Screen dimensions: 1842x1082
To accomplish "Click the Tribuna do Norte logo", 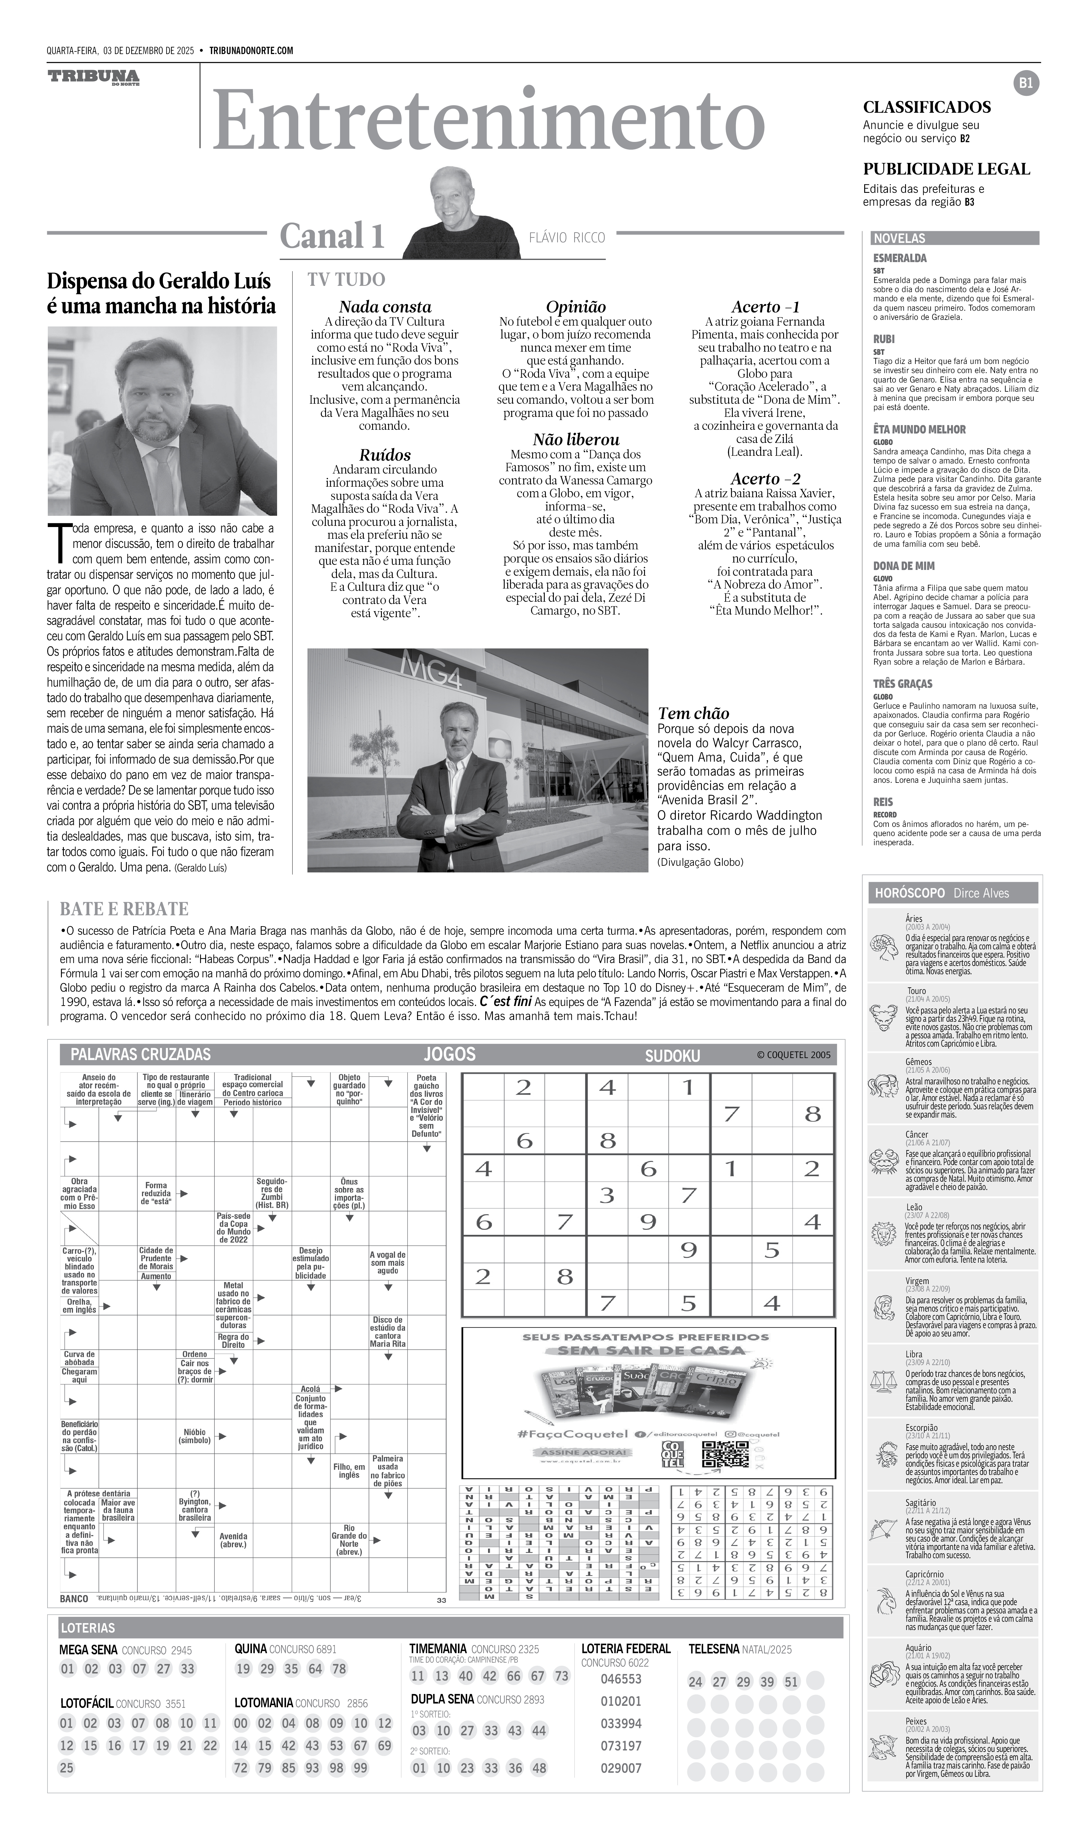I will tap(94, 78).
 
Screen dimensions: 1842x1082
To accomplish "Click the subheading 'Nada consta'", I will tap(384, 307).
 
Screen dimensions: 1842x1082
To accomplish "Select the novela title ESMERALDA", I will tap(899, 258).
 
